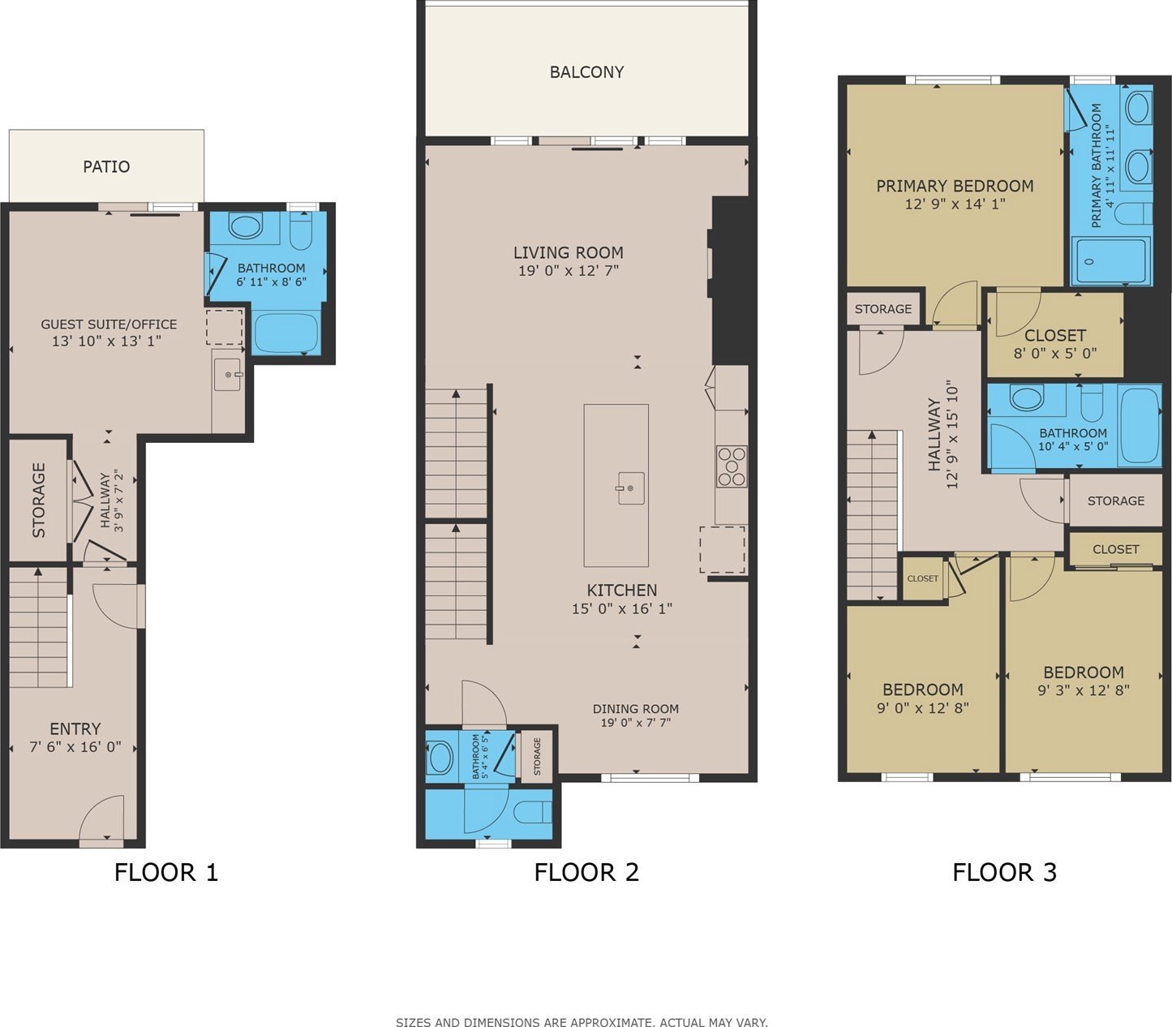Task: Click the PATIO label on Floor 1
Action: pos(106,166)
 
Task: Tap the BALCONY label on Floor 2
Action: pos(586,71)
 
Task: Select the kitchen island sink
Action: pos(630,488)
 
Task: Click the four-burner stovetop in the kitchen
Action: pos(732,466)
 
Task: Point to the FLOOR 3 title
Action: pos(1004,872)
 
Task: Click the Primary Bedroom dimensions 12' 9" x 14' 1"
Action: pos(955,204)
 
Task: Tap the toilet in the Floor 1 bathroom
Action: pos(300,230)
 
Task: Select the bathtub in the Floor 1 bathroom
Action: pos(286,333)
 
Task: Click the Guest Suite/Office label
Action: pos(109,324)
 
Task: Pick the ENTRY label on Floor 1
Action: pos(75,728)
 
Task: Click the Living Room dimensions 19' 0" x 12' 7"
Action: pos(568,270)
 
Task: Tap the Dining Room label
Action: pos(636,708)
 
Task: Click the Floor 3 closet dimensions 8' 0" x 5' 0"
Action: pos(1055,353)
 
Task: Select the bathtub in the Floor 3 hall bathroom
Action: pos(1139,425)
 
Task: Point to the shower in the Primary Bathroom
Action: pos(1110,261)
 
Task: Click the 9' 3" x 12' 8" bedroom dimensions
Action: pos(1084,690)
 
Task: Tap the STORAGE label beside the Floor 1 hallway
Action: pos(39,500)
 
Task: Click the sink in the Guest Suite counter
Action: pos(228,374)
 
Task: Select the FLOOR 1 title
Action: pos(166,872)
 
